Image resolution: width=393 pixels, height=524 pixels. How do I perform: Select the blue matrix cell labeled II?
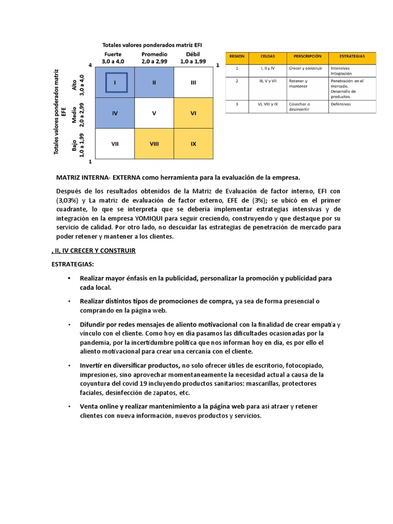(154, 82)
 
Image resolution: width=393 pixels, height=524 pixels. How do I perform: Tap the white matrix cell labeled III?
(193, 82)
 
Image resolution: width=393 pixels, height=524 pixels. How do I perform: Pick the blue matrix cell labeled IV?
(115, 113)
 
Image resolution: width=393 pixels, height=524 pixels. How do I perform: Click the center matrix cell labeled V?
(154, 113)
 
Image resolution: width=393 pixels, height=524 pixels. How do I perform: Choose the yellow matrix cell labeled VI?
(193, 113)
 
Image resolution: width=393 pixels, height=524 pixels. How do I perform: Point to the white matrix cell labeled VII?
(115, 144)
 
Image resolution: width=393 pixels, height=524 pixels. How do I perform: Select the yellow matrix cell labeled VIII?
(154, 144)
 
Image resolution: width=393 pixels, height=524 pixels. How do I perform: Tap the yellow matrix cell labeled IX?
(193, 144)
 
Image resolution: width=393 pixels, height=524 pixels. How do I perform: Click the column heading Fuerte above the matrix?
(113, 54)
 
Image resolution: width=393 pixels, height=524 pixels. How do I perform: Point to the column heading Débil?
(193, 54)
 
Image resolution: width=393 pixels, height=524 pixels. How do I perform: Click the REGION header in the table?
(237, 56)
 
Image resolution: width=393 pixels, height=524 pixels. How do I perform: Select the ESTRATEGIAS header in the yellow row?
(352, 56)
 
